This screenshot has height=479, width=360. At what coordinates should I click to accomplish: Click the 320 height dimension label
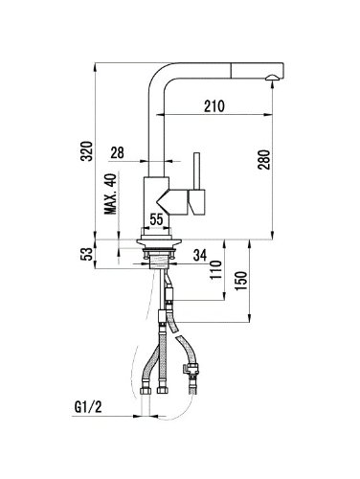pos(86,150)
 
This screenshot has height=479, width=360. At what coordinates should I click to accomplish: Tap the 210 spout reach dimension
pos(214,106)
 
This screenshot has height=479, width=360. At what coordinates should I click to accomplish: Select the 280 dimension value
pos(264,159)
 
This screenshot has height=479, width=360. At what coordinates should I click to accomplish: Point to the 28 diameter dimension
pos(117,153)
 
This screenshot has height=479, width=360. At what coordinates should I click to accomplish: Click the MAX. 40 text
pos(111,194)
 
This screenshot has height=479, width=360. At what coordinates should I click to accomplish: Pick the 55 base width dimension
pos(156,219)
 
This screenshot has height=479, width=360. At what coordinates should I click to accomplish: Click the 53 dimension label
pos(87,254)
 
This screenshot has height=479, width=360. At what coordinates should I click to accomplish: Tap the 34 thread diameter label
pos(200,256)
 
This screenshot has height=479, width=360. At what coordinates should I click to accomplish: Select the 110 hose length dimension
pos(216,270)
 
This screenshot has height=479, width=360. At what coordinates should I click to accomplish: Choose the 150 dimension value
pos(240,281)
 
